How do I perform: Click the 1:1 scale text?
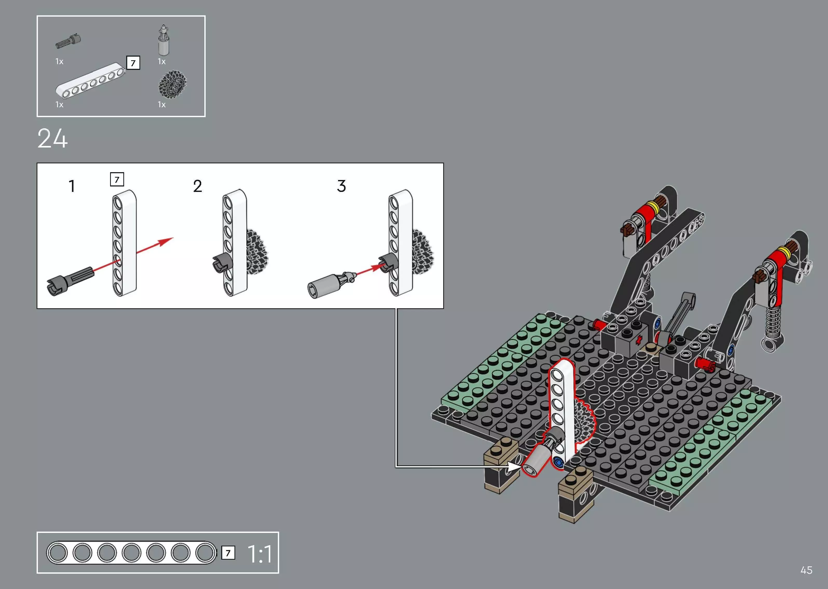click(x=260, y=554)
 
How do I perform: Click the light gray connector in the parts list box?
click(x=164, y=41)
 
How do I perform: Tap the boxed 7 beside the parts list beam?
click(x=133, y=63)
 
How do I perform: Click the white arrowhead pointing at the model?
click(x=514, y=466)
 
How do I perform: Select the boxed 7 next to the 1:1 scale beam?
click(x=228, y=553)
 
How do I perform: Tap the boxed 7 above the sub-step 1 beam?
click(x=117, y=179)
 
